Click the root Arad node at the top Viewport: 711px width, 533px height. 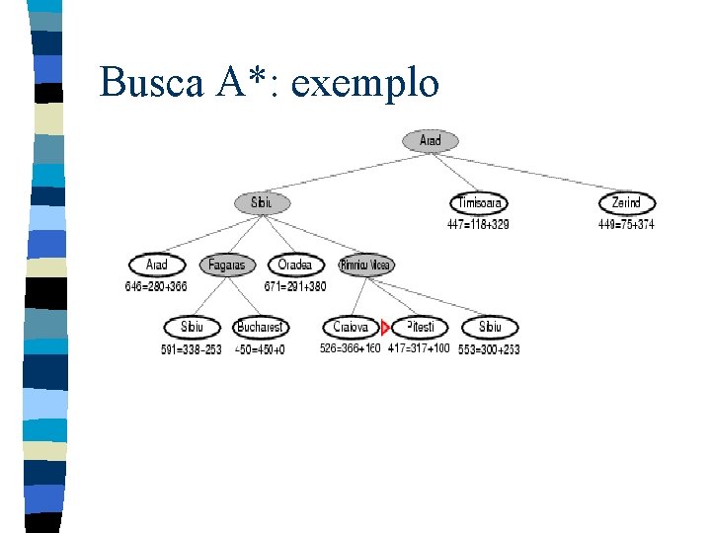coord(431,141)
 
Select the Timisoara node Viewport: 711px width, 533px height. coord(481,203)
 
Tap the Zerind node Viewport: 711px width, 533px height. coord(627,203)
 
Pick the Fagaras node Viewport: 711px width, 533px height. coord(227,266)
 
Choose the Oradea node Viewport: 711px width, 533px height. coord(295,266)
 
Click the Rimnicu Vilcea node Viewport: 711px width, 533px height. coord(365,266)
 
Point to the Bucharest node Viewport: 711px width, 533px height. coord(261,328)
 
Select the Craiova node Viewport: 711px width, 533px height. coord(351,328)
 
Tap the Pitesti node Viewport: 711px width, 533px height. coord(421,328)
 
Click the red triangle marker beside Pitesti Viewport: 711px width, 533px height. coord(386,328)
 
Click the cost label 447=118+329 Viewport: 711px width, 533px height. coord(478,225)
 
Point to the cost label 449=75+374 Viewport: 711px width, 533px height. coord(625,225)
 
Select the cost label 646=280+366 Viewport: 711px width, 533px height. coord(156,287)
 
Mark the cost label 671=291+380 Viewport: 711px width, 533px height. coord(294,287)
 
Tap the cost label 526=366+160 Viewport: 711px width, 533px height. coord(350,348)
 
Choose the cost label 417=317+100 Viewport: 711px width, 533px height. coord(419,348)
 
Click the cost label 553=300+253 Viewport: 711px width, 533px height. coord(489,349)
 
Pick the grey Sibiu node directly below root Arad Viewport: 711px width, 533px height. coord(263,203)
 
